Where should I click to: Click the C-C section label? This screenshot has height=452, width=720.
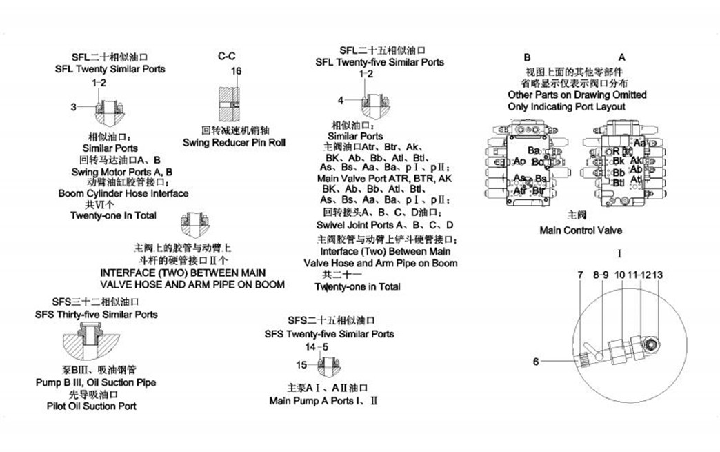click(x=228, y=56)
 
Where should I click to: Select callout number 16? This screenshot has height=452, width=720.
click(x=237, y=71)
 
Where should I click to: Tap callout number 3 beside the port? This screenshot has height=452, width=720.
click(x=74, y=107)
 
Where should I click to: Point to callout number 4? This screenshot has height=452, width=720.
click(x=341, y=101)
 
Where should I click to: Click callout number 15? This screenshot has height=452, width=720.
click(x=301, y=364)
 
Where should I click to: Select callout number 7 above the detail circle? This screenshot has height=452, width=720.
click(x=581, y=275)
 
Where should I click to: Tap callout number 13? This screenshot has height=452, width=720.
click(x=657, y=275)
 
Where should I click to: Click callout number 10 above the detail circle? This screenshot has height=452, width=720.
click(x=619, y=275)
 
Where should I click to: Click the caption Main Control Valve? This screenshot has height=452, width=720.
click(x=580, y=230)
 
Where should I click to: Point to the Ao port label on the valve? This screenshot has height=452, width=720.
click(x=520, y=161)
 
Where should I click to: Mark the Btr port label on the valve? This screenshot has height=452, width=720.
click(x=539, y=190)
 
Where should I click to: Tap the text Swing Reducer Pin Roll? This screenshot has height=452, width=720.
click(x=234, y=143)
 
